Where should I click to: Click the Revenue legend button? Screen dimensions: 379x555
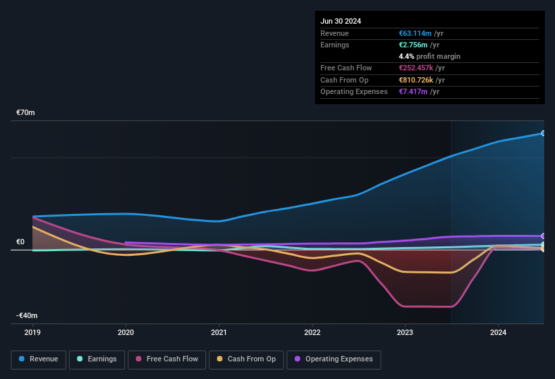(x=39, y=359)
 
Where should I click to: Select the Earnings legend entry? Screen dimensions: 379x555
(x=97, y=359)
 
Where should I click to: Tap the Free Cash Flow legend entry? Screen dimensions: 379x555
(x=167, y=359)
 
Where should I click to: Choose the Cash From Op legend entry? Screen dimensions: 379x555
(x=246, y=359)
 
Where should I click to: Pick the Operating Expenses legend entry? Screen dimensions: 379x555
(x=333, y=359)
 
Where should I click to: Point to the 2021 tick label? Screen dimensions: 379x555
(x=219, y=332)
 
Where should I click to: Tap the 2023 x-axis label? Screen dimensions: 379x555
(x=405, y=332)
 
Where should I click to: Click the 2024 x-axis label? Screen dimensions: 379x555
(x=498, y=332)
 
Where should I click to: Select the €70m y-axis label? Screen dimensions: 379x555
(x=26, y=113)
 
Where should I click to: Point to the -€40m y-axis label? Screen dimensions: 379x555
(x=27, y=316)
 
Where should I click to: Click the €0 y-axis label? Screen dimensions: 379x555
(x=20, y=242)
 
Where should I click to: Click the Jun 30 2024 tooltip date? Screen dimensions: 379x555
(x=341, y=21)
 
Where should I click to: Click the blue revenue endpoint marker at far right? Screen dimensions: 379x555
(x=544, y=133)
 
